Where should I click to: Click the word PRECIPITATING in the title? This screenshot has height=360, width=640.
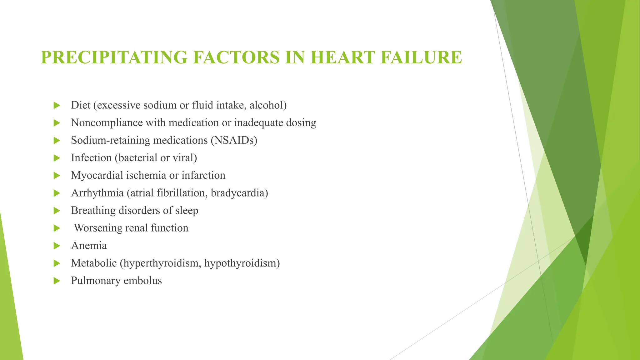tap(114, 57)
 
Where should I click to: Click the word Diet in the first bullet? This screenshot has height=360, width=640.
tap(81, 105)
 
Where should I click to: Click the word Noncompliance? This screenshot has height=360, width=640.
tap(107, 123)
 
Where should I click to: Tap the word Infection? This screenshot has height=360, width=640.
tap(91, 158)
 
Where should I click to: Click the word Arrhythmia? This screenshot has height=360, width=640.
tap(97, 193)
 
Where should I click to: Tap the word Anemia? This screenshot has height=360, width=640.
tap(89, 246)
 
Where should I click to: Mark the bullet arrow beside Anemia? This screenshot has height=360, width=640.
tap(57, 246)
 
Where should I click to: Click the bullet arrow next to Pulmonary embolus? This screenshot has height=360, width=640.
tap(57, 281)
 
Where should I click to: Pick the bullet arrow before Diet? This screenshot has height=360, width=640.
tap(57, 106)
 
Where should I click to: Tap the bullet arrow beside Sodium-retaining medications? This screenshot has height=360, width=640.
tap(57, 141)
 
